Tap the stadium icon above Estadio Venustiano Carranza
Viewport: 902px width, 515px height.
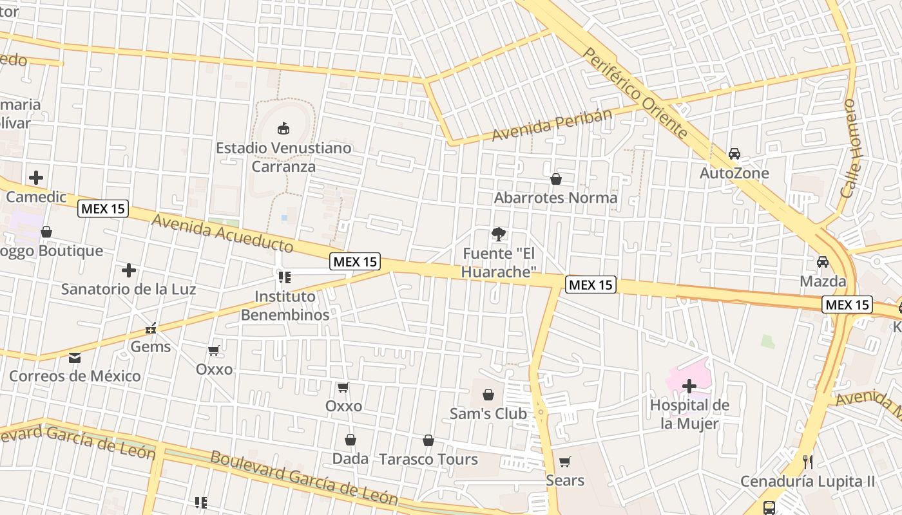(283, 128)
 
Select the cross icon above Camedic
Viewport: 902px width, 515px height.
(36, 178)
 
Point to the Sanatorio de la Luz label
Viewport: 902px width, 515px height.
(128, 289)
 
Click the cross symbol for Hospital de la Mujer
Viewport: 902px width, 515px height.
(689, 386)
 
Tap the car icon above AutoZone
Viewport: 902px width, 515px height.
(734, 154)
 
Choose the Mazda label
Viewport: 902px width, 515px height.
(823, 281)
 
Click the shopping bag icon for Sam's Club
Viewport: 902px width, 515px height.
(488, 394)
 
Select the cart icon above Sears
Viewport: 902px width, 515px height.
(565, 462)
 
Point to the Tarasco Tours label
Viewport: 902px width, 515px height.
(428, 460)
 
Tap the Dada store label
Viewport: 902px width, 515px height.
(350, 459)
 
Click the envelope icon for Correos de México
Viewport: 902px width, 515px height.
(75, 357)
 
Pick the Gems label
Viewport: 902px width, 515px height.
(151, 346)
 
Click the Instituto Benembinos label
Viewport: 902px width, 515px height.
(285, 306)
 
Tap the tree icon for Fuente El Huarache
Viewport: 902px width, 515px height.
(498, 234)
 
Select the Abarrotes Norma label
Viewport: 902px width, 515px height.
(555, 198)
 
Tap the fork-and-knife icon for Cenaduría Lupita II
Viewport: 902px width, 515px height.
(807, 462)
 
